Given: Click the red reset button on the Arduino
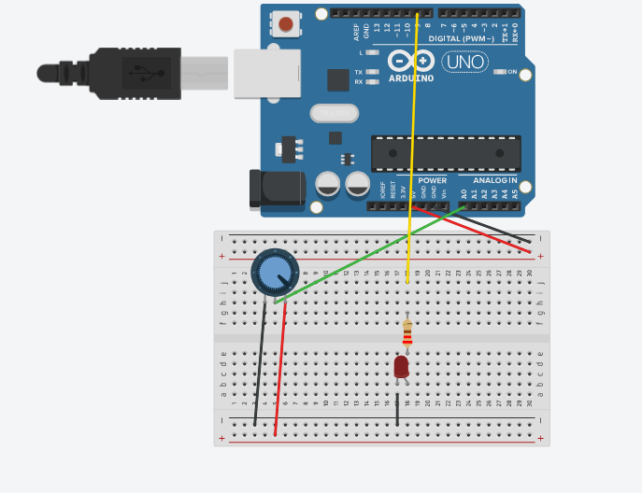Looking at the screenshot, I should [x=286, y=23].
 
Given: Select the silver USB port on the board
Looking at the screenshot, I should [x=266, y=73].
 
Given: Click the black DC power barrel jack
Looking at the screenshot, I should [x=276, y=189].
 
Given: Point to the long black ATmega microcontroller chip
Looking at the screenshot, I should [x=445, y=153].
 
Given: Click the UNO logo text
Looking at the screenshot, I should [x=464, y=63].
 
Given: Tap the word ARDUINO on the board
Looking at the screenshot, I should [x=411, y=78].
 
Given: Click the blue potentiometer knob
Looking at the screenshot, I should [x=275, y=273].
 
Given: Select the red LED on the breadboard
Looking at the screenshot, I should [x=401, y=366].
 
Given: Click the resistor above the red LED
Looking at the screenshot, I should [x=407, y=333].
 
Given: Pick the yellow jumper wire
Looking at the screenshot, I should [x=411, y=140].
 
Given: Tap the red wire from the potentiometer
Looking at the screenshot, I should [x=280, y=373].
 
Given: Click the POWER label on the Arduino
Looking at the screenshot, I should [x=432, y=180].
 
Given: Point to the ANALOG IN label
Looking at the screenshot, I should [x=494, y=180].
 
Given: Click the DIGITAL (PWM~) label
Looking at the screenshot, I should [x=464, y=39].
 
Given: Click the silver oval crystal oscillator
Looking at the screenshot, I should [x=334, y=113].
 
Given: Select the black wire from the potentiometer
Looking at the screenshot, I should [x=260, y=364].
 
